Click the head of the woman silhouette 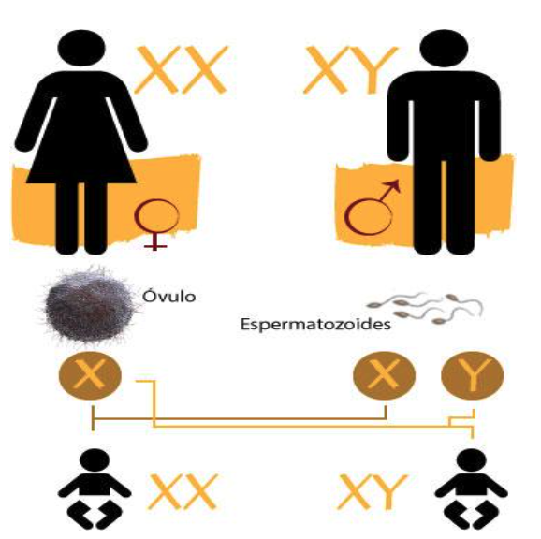(81, 48)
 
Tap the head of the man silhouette (444, 48)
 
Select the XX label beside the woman (182, 70)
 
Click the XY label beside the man (351, 70)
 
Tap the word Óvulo (169, 297)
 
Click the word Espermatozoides (315, 325)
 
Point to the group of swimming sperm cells (425, 308)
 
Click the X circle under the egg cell (90, 375)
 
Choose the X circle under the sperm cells (385, 375)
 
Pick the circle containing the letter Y (473, 375)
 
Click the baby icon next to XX (95, 489)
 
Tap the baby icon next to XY (471, 489)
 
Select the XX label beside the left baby (183, 492)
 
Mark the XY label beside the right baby (373, 492)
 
